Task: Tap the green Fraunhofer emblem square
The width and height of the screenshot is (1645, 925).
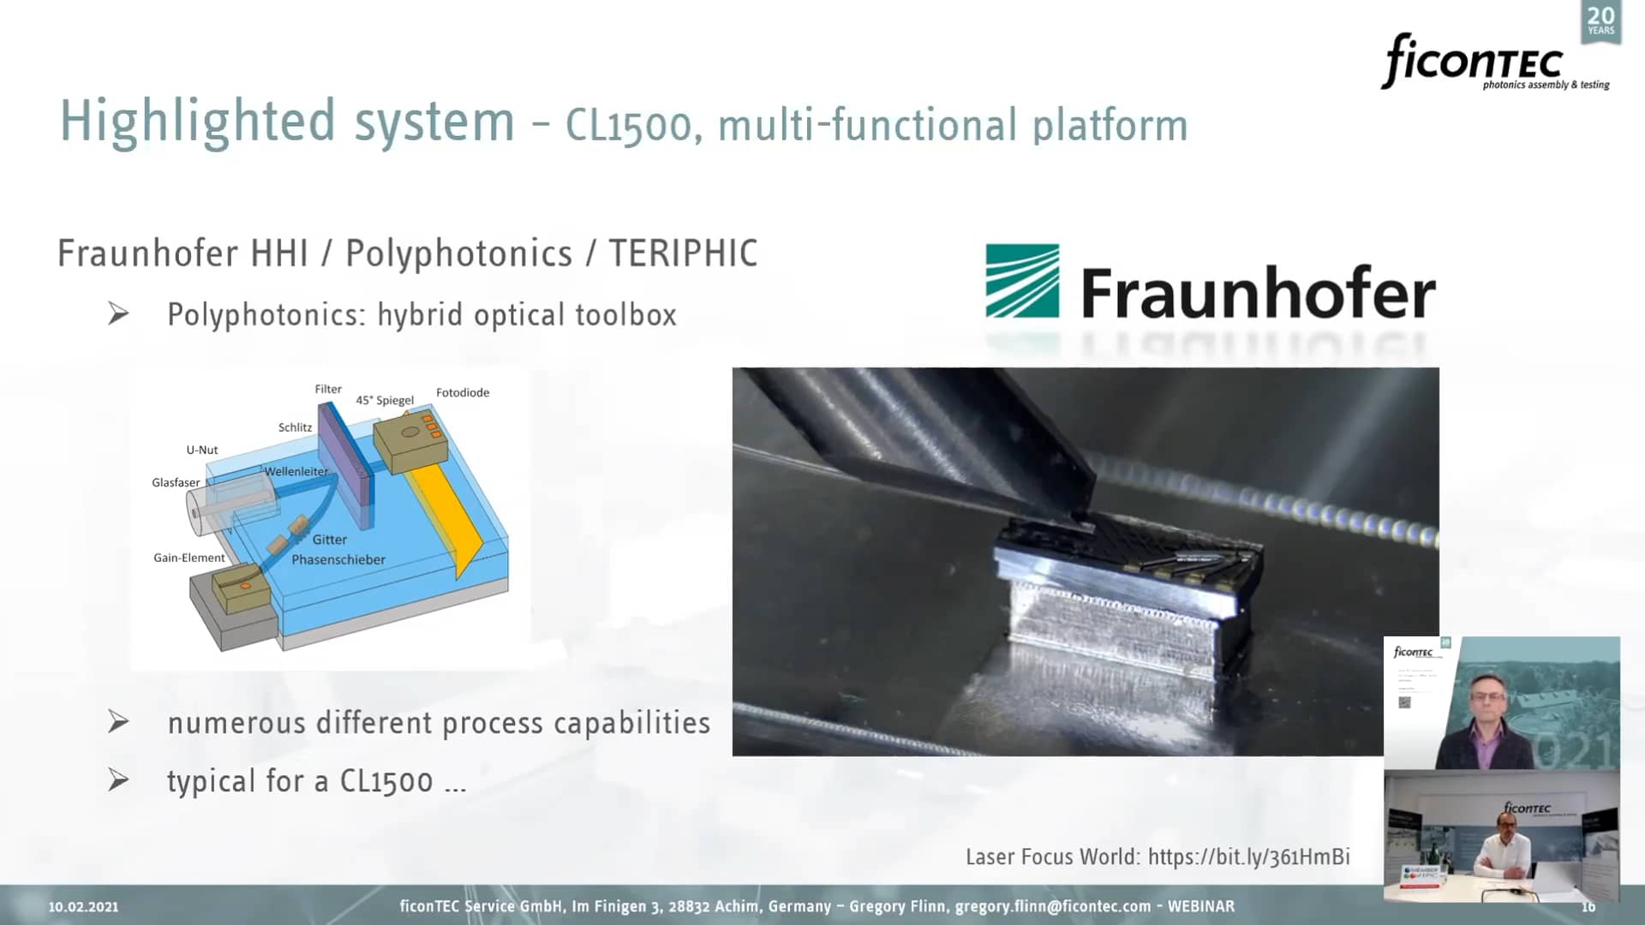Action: point(1022,281)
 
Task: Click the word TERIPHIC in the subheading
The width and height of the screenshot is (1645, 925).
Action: point(683,254)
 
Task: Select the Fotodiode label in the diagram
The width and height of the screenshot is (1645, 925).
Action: point(463,392)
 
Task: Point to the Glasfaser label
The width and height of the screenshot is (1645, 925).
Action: point(176,482)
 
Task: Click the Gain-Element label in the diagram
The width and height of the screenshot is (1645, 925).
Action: point(189,558)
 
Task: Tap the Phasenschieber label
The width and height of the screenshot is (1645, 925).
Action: point(338,559)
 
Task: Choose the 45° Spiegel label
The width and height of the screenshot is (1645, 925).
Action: point(385,400)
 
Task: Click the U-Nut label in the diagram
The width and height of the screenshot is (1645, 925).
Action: point(202,450)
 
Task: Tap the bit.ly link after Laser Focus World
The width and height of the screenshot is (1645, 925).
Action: point(1248,856)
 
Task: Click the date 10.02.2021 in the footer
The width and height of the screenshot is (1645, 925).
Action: point(83,906)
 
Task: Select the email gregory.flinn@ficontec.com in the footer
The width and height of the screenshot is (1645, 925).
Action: point(1053,906)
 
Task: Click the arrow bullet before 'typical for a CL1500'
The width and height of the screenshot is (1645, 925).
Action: point(118,780)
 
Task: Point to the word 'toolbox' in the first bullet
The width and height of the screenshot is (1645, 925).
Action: point(625,315)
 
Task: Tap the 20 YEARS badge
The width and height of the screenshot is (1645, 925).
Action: point(1600,21)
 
